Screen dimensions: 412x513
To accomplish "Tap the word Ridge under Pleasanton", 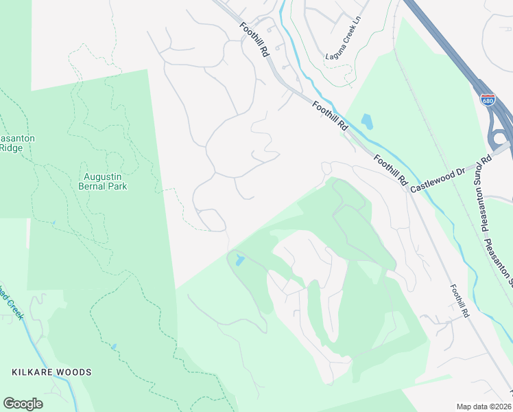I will (11, 147).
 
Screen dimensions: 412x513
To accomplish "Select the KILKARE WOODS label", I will (51, 372).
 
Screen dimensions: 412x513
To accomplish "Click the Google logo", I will (23, 404).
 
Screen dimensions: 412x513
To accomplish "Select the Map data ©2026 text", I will (484, 406).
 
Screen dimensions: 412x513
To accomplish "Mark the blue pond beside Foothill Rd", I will (367, 122).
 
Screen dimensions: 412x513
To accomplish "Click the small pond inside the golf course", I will (238, 260).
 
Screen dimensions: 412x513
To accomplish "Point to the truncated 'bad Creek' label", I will (12, 310).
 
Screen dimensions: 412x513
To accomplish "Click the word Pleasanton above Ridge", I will (16, 138).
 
